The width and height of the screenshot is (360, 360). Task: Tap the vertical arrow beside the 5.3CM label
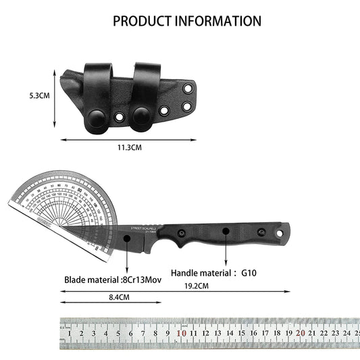pyautogui.click(x=54, y=95)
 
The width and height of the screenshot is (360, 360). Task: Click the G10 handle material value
pyautogui.click(x=249, y=275)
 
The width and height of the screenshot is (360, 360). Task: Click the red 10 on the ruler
pyautogui.click(x=181, y=333)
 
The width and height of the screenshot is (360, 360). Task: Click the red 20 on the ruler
pyautogui.click(x=300, y=333)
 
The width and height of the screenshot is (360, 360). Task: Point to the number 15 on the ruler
pyautogui.click(x=241, y=333)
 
